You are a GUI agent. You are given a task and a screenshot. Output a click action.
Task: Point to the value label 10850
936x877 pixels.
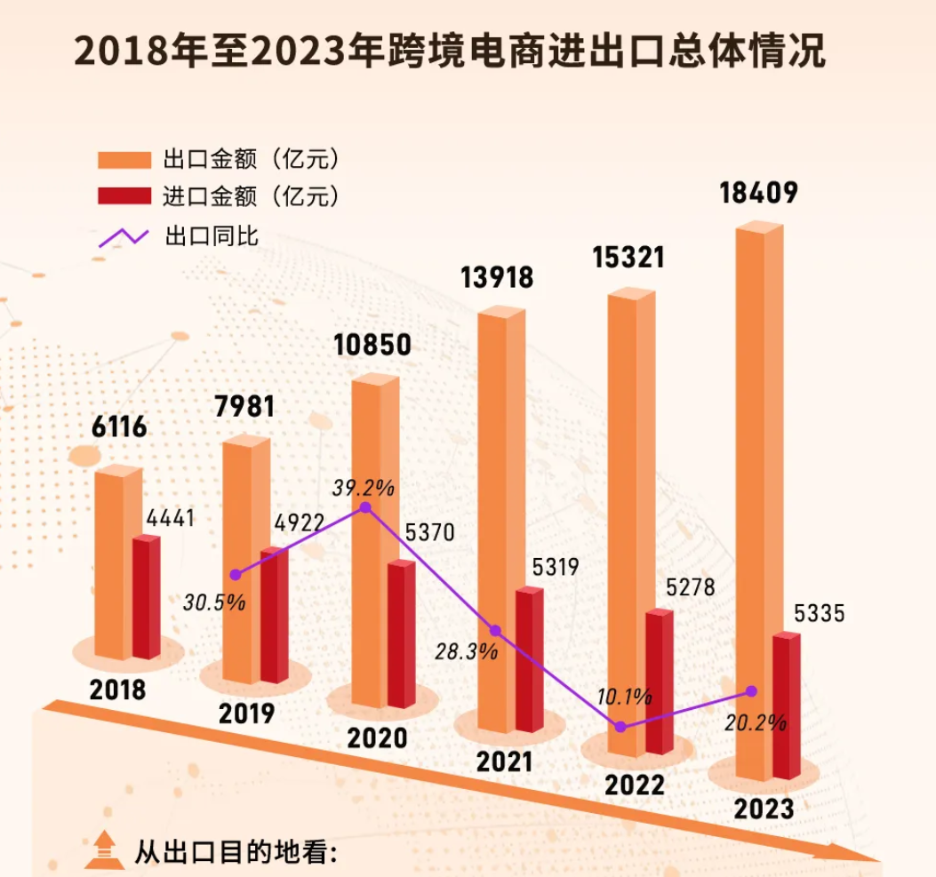[373, 345]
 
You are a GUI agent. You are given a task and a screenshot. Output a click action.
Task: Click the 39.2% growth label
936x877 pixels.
[364, 487]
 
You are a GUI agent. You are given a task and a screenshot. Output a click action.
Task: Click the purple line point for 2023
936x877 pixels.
[752, 690]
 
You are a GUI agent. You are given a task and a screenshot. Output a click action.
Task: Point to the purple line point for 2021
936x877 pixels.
[496, 631]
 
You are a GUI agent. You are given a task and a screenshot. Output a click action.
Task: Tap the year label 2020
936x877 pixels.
[376, 737]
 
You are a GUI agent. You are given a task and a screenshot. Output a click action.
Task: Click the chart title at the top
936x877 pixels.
[450, 52]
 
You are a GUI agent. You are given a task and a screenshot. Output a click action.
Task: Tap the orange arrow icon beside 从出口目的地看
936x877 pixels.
[102, 850]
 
